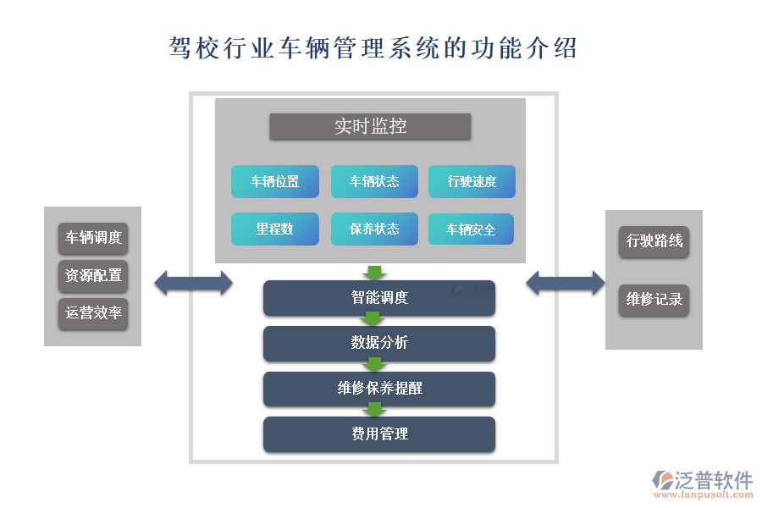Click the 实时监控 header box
point(370,127)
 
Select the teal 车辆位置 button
point(275,181)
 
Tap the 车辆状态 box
point(374,181)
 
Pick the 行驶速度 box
point(472,181)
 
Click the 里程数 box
point(275,229)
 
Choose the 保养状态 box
point(374,229)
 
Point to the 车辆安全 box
point(472,229)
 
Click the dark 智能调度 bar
point(378,298)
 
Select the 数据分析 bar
point(378,343)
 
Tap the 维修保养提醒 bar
point(378,389)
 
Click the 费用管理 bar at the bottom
point(378,433)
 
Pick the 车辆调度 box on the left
point(93,238)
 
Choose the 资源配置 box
point(93,275)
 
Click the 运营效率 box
point(93,312)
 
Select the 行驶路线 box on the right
point(654,241)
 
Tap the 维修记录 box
point(654,300)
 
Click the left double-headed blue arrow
point(193,283)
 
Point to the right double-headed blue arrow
point(566,283)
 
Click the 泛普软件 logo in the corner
point(702,483)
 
